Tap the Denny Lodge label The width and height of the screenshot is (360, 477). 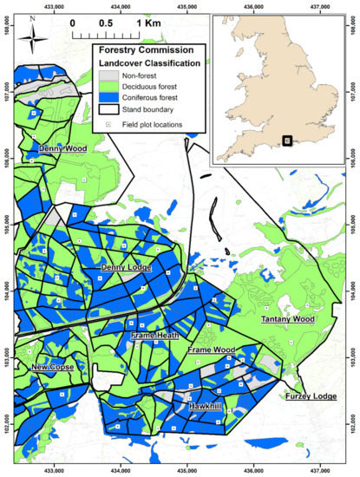click(127, 268)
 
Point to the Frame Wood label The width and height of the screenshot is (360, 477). click(212, 350)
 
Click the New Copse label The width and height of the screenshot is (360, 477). click(54, 368)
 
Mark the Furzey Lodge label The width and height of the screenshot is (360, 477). click(311, 396)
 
